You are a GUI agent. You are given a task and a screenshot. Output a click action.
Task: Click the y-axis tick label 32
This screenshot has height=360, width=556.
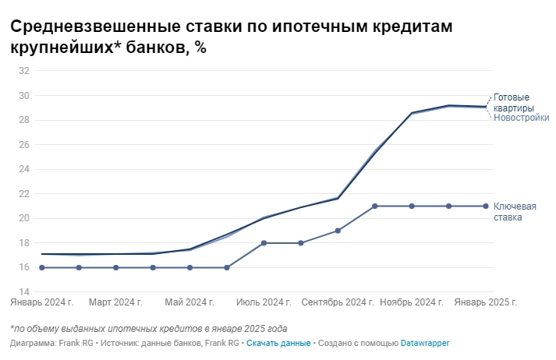(23, 71)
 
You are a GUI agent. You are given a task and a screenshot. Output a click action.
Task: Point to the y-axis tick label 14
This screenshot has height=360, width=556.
(23, 292)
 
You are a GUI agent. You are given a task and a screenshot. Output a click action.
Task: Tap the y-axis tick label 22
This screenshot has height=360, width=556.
(23, 194)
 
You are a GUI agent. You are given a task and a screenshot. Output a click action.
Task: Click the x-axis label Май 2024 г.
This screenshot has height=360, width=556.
(189, 301)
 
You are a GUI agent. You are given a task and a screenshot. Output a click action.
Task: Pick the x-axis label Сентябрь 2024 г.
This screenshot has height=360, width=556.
(337, 301)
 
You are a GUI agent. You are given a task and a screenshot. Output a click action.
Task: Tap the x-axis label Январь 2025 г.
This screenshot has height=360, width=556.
(486, 301)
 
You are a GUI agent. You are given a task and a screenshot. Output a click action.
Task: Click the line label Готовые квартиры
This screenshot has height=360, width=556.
(514, 103)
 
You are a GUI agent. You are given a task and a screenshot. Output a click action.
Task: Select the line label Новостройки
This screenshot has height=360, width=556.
(522, 118)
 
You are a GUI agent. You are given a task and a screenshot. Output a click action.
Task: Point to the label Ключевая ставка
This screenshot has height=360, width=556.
(515, 211)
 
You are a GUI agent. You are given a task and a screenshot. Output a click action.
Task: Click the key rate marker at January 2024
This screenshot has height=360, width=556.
(41, 267)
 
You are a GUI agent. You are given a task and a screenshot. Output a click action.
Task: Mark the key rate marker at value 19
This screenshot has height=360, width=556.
(338, 231)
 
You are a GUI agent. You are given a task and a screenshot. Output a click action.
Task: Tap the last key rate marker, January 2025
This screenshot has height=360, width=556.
(486, 206)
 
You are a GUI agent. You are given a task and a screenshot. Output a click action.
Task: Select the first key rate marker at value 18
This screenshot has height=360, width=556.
(264, 243)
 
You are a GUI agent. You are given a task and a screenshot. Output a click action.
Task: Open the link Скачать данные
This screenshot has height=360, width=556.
(278, 343)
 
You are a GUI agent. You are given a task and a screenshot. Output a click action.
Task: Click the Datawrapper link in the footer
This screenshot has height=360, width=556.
(425, 343)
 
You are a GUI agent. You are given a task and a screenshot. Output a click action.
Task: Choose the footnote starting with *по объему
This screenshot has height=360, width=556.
(149, 328)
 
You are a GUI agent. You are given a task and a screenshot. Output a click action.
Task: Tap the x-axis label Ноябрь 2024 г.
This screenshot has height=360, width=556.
(412, 301)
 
